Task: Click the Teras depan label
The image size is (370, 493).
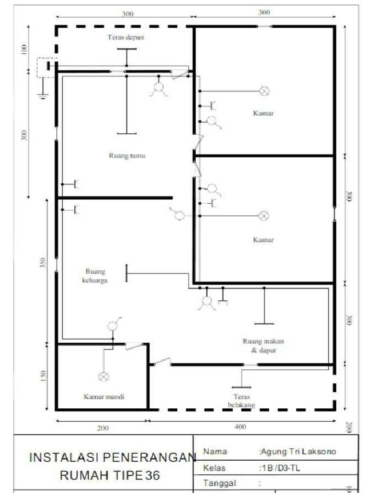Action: pyautogui.click(x=126, y=37)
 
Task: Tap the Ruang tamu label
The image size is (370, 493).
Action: pyautogui.click(x=128, y=156)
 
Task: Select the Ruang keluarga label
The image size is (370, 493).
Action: pyautogui.click(x=95, y=275)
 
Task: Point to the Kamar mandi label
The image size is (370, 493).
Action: pyautogui.click(x=105, y=397)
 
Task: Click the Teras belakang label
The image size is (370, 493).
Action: pyautogui.click(x=241, y=401)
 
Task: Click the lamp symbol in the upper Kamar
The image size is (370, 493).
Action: pyautogui.click(x=264, y=91)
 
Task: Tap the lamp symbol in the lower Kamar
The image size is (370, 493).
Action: pyautogui.click(x=264, y=216)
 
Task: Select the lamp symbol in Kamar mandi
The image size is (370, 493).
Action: pyautogui.click(x=103, y=376)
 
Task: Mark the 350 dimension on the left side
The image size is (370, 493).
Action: pyautogui.click(x=42, y=263)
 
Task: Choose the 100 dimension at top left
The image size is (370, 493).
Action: pyautogui.click(x=24, y=50)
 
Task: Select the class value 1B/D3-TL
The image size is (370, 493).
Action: pyautogui.click(x=280, y=468)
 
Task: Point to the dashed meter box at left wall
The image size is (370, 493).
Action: pyautogui.click(x=47, y=66)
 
